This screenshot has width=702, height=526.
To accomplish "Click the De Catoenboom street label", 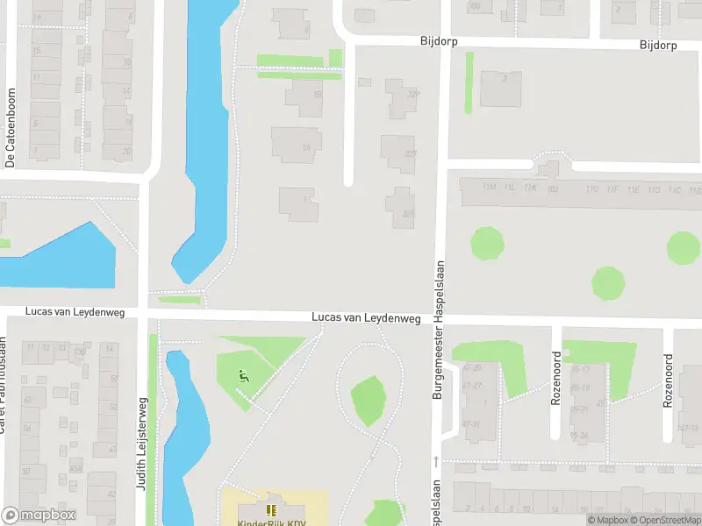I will coord(11,128).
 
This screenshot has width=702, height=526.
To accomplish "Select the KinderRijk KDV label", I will coord(271,522).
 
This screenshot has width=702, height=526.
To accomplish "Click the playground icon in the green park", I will coord(243,377).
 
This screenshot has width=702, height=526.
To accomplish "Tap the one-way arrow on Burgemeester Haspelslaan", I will coord(436,461).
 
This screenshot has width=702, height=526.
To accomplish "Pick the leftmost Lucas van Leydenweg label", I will coord(75,311).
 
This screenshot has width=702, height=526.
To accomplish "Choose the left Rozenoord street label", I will coord(555,378).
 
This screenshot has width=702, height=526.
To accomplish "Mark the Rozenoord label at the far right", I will coord(669,380).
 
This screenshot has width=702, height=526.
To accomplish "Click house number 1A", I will coord(306,147).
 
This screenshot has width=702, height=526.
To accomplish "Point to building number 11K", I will coord(529,188).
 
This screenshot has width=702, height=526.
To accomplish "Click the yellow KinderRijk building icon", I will coord(271,509).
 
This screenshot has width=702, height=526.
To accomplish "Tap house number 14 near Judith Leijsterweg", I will coord(110,348).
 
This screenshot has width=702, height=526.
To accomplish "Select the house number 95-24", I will coord(579,435).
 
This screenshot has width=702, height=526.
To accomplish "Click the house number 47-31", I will coord(472,424).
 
